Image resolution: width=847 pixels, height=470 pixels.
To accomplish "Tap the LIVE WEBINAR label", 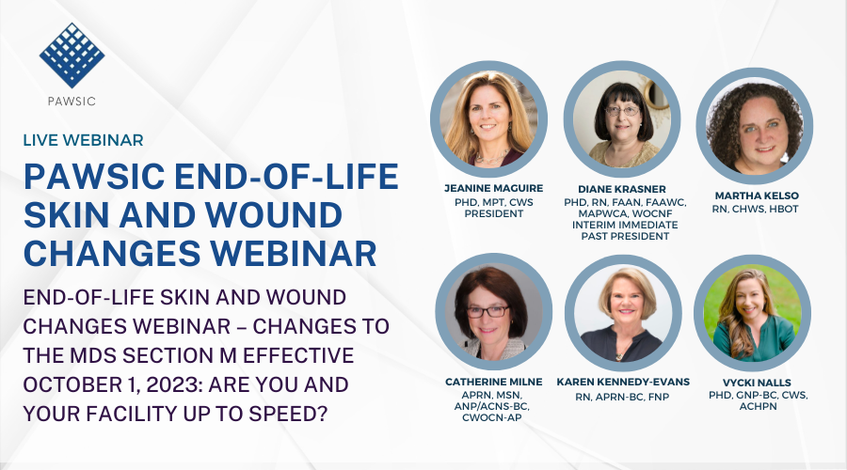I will pyautogui.click(x=84, y=140).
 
